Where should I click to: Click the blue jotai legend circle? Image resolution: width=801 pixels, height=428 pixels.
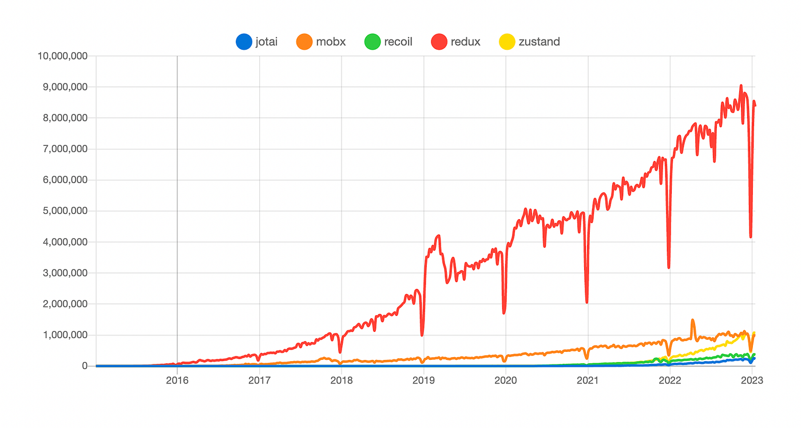(x=244, y=42)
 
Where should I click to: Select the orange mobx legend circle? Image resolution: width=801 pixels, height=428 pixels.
(x=304, y=42)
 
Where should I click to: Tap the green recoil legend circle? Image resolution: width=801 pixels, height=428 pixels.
(x=372, y=42)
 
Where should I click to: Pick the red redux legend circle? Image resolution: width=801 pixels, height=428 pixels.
(x=439, y=42)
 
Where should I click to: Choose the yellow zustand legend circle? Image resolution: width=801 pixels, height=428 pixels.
(x=507, y=42)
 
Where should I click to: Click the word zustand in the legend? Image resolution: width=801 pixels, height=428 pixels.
(x=539, y=42)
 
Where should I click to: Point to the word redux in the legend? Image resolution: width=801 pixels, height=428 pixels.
(x=465, y=42)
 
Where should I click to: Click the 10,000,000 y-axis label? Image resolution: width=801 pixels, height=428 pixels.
(x=62, y=56)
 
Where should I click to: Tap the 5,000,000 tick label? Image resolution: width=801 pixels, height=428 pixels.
(x=65, y=211)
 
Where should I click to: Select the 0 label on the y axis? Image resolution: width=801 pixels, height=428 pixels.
(x=85, y=366)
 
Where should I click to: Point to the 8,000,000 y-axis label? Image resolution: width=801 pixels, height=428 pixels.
(x=65, y=118)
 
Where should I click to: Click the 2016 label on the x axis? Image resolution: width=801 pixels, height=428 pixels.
(x=177, y=381)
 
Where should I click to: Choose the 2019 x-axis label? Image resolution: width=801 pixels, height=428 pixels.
(x=424, y=381)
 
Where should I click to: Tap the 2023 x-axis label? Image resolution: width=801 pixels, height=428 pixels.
(x=752, y=381)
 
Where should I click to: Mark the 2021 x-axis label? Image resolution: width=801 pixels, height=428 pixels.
(x=588, y=381)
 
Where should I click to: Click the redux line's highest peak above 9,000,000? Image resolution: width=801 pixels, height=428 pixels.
(x=741, y=85)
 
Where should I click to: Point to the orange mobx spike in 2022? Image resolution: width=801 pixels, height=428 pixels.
(x=693, y=320)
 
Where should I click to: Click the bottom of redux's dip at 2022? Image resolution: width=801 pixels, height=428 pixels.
(x=669, y=267)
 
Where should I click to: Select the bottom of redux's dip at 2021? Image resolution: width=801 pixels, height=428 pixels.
(x=587, y=303)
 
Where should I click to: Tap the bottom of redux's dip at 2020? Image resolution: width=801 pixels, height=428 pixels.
(x=504, y=313)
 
